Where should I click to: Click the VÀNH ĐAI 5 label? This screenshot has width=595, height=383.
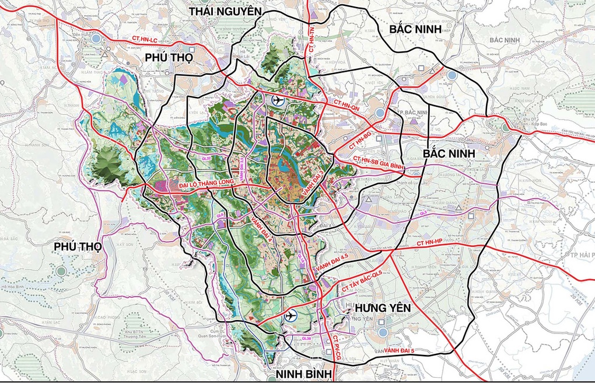pyautogui.click(x=407, y=350)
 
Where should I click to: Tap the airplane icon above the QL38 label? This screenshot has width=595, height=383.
pyautogui.click(x=290, y=316)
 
